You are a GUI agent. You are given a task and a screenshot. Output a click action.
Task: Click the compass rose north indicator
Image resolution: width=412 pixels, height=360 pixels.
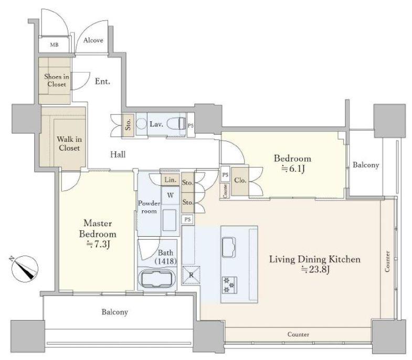pyautogui.click(x=25, y=269)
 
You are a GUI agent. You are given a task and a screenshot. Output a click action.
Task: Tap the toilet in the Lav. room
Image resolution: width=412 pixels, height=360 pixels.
pyautogui.click(x=176, y=123)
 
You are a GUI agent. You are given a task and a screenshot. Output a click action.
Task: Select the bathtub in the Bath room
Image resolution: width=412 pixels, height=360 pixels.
pyautogui.click(x=157, y=280)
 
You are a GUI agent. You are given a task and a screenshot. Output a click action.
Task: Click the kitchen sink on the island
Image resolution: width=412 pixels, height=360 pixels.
pyautogui.click(x=229, y=247)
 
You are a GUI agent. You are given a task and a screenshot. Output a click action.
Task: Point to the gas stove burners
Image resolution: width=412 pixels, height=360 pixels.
pyautogui.click(x=229, y=285)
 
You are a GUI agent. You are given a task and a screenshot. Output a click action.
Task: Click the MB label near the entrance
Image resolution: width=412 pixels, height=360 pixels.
pyautogui.click(x=54, y=45)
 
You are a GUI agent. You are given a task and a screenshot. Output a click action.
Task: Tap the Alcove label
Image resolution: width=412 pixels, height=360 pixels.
pyautogui.click(x=93, y=40)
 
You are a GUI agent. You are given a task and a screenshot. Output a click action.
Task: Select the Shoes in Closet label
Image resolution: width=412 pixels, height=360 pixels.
pyautogui.click(x=57, y=80)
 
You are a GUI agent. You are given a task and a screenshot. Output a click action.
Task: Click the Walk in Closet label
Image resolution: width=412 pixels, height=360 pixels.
pyautogui.click(x=69, y=143)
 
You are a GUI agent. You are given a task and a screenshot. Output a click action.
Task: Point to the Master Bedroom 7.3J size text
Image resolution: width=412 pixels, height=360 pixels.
pyautogui.click(x=98, y=245)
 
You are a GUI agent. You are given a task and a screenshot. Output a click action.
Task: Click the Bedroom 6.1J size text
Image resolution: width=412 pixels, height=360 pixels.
pyautogui.click(x=293, y=168)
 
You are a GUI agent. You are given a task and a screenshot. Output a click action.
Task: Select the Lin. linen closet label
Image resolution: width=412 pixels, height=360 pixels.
pyautogui.click(x=170, y=180)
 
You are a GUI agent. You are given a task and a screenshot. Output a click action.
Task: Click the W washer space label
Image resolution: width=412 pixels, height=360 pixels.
pyautogui.click(x=170, y=195)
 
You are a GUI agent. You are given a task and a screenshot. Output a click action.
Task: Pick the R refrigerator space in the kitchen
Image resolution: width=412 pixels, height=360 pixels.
pyautogui.click(x=191, y=276)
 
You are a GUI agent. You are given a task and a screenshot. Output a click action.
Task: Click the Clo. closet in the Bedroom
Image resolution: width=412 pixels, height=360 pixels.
pyautogui.click(x=240, y=181)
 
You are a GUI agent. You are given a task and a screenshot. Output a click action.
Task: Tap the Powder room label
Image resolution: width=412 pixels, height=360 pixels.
pyautogui.click(x=149, y=207)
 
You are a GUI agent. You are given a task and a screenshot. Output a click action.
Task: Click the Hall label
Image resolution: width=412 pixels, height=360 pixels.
pyautogui.click(x=118, y=154)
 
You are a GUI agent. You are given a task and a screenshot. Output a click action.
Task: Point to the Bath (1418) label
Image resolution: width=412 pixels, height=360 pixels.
pyautogui.click(x=165, y=257)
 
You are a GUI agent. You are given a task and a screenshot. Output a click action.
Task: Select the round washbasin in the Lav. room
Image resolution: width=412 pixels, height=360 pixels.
pyautogui.click(x=142, y=123)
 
